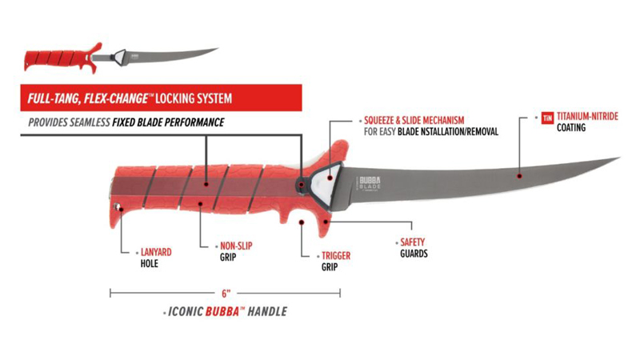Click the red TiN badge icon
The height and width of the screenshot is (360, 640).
coord(547,118)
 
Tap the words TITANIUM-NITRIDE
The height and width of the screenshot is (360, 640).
coord(587,116)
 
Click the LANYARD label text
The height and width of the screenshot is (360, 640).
coord(156,252)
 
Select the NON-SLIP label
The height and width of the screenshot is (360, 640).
coord(236,246)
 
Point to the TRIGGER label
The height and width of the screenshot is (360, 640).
coord(336,255)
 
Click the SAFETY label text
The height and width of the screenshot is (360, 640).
coord(412,242)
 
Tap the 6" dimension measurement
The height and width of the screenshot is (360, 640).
coord(226,293)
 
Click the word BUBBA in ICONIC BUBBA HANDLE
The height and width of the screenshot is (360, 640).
coord(222,311)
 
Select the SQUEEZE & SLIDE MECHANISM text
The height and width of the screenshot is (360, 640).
coord(414,120)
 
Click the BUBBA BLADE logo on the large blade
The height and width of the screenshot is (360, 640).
coord(370,182)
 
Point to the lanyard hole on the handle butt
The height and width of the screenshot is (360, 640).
coord(117,206)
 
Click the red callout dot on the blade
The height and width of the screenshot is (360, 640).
coord(519,176)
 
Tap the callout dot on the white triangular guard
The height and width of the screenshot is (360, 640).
coord(330,178)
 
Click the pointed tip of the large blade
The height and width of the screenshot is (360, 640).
coord(619,158)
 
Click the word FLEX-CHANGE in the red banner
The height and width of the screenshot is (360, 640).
coord(115,98)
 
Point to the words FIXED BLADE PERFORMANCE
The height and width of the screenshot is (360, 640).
coord(168,122)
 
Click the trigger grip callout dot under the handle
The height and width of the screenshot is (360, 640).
coord(302,222)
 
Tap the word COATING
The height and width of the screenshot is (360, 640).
coord(571,128)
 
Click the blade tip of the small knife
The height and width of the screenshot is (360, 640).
coord(218,49)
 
